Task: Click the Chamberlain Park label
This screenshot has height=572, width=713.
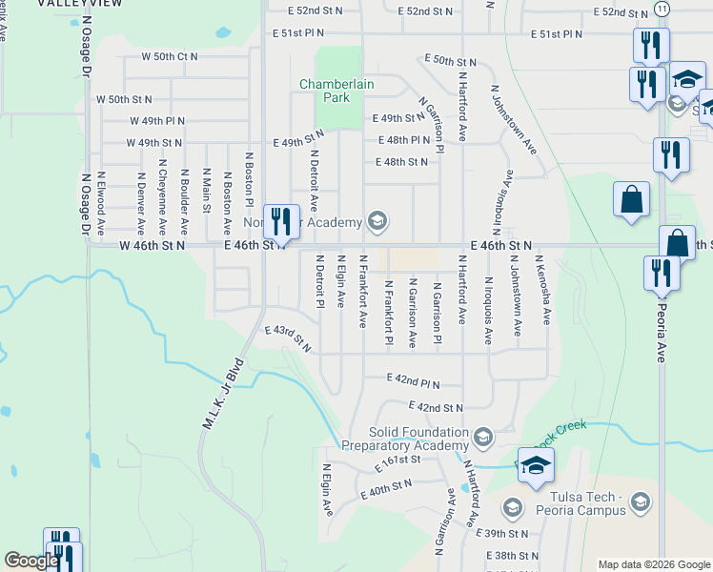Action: click(x=336, y=91)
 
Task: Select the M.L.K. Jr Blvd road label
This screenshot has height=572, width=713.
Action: click(x=223, y=396)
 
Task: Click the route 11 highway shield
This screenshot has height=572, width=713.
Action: click(x=662, y=8)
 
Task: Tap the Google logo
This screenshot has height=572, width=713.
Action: click(x=31, y=561)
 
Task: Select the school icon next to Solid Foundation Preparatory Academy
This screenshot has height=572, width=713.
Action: click(x=483, y=439)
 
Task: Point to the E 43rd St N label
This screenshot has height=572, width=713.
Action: click(x=289, y=337)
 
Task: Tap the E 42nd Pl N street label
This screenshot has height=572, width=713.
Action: click(x=413, y=378)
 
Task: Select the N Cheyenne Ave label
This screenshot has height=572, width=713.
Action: click(x=162, y=202)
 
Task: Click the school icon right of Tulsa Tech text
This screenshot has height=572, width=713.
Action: click(x=642, y=500)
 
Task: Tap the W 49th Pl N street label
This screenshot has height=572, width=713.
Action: click(x=157, y=121)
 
